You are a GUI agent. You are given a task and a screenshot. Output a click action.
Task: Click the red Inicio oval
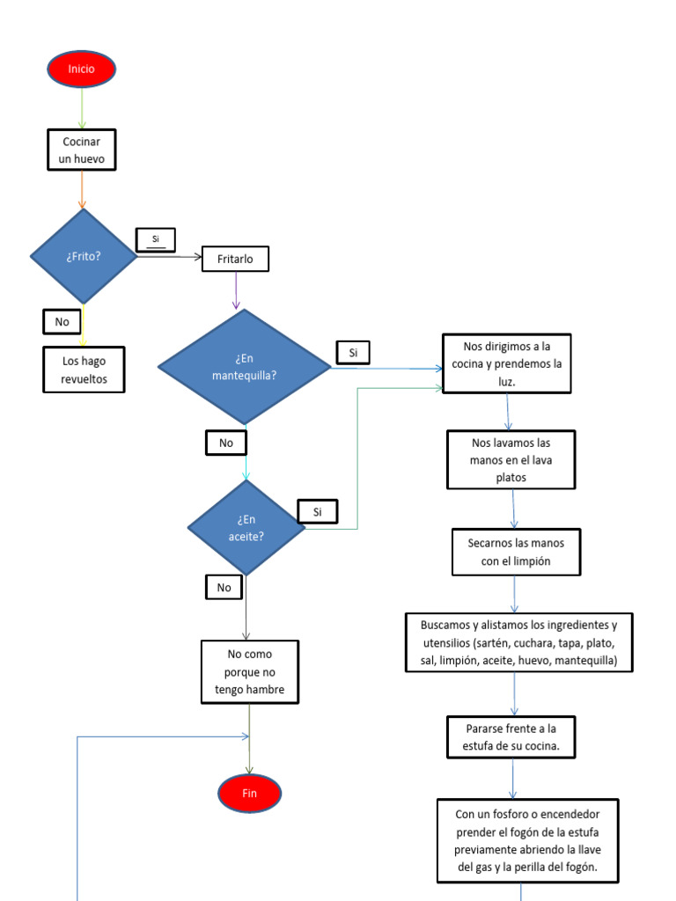(82, 69)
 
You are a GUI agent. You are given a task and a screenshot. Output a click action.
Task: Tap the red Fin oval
(250, 793)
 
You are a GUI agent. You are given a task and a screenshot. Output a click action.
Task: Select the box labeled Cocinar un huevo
(82, 150)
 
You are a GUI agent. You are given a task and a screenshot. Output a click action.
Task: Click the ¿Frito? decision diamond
(84, 256)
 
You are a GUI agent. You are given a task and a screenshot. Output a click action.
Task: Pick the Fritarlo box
(235, 260)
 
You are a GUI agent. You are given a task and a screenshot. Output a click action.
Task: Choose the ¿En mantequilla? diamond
(244, 367)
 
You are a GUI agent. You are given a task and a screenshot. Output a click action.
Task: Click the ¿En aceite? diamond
(246, 528)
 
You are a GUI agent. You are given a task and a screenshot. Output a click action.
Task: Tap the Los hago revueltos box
(84, 370)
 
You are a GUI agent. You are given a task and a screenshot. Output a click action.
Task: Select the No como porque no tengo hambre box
(250, 672)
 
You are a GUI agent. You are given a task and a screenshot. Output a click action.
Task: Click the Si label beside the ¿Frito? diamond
(156, 239)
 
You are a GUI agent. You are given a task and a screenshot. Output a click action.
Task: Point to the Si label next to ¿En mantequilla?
(353, 353)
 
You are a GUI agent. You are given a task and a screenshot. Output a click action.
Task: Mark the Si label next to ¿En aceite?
(318, 511)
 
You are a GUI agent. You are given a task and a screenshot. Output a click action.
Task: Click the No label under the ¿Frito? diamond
(62, 322)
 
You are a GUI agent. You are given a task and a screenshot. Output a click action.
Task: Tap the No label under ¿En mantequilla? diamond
(226, 443)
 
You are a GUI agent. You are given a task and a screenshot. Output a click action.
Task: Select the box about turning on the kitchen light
(506, 363)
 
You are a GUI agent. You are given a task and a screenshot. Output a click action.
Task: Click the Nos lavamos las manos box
(511, 459)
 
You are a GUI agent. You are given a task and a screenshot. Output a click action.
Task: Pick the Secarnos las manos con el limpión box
(516, 552)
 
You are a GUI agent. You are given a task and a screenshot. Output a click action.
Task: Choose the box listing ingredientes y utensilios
(519, 642)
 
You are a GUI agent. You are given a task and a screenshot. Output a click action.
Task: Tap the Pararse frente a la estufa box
(511, 737)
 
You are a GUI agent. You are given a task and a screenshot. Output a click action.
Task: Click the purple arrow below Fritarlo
(236, 290)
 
